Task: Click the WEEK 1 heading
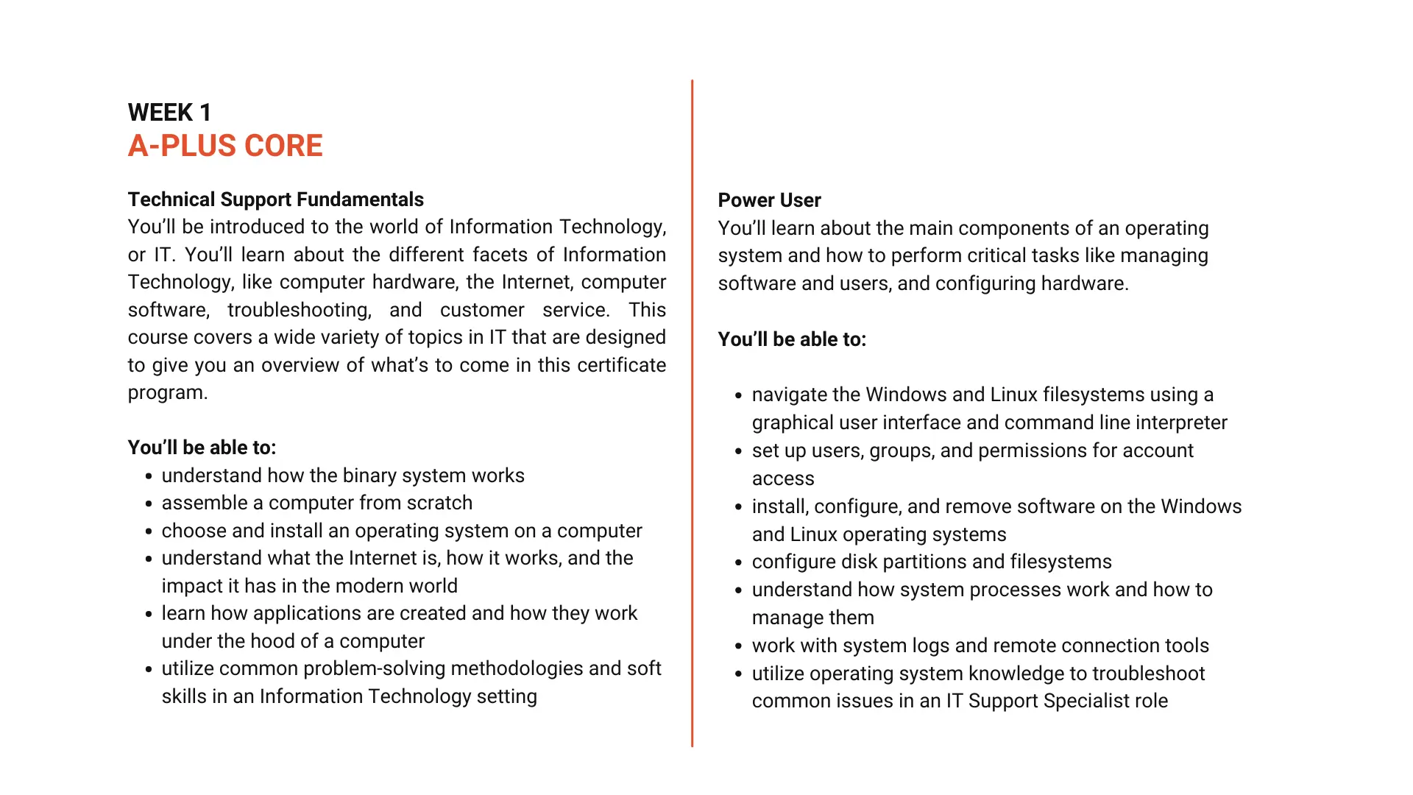click(169, 113)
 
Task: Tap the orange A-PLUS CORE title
click(225, 146)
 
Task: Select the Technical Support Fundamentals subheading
click(275, 199)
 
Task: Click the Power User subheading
click(769, 200)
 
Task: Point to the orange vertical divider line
click(692, 412)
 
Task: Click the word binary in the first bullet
click(341, 476)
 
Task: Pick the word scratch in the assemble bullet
click(439, 503)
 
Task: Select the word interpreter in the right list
click(1180, 423)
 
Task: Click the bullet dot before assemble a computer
click(149, 504)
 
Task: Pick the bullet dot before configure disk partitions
click(739, 563)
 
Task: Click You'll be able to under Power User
click(792, 339)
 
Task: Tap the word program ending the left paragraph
click(166, 393)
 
